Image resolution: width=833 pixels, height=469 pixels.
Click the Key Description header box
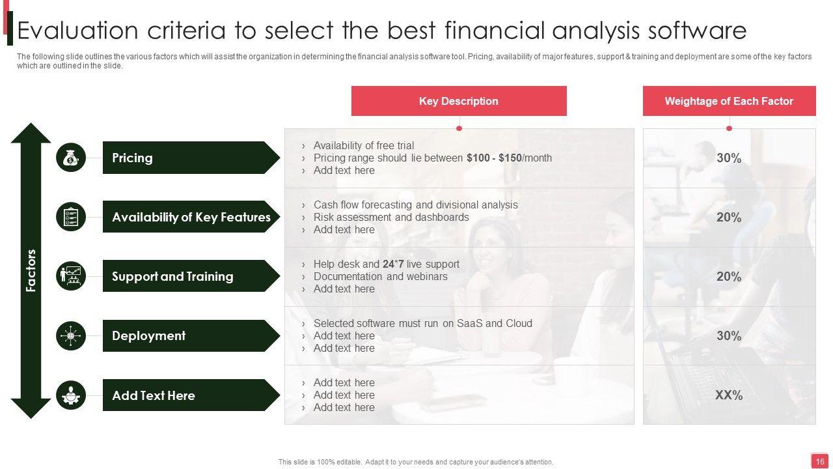point(459,101)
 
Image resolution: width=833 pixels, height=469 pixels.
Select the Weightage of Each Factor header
point(730,101)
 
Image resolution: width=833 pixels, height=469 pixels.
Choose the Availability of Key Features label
point(191,217)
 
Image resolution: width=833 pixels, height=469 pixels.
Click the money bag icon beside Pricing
point(71,158)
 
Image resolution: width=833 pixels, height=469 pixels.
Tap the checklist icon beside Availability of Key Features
point(71,217)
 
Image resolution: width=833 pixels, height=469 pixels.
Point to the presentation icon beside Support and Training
point(71,276)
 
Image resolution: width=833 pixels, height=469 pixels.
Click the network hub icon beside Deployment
point(71,335)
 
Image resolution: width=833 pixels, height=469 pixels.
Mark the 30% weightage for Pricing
point(729,158)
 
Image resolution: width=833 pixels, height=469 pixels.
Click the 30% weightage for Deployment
point(729,335)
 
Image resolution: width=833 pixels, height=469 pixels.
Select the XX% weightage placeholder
point(729,395)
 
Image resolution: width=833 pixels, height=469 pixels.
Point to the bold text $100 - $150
point(494,158)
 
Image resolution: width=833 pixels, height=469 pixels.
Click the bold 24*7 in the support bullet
point(393,264)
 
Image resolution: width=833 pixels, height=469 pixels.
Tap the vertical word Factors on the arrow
point(31,270)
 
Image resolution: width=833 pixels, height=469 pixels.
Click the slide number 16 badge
point(819,462)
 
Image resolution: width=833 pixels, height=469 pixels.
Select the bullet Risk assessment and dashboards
point(391,217)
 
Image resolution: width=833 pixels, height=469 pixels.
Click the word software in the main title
point(697,30)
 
